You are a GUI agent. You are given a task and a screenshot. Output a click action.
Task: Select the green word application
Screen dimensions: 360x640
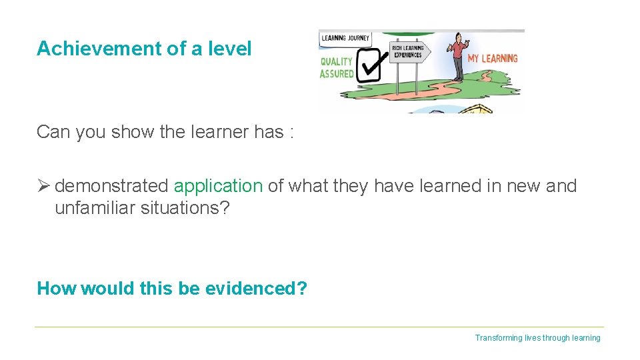(x=218, y=186)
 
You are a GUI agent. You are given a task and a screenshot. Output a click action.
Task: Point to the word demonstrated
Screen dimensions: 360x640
(x=112, y=186)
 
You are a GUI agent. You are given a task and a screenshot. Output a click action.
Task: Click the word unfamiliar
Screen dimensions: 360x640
(x=95, y=208)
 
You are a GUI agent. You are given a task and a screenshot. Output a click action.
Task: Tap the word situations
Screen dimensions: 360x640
(x=185, y=208)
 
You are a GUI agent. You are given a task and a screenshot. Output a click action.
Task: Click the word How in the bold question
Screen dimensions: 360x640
(x=56, y=289)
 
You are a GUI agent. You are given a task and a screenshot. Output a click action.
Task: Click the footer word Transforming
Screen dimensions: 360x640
(x=498, y=338)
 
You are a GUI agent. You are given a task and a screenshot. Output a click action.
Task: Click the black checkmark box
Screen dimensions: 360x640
(x=369, y=66)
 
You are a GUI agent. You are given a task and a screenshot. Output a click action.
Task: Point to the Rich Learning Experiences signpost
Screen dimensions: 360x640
(x=408, y=52)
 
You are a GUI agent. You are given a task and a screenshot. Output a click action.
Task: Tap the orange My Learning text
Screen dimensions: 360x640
(x=493, y=59)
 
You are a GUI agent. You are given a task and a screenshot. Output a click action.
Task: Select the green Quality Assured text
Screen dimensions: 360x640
(x=337, y=68)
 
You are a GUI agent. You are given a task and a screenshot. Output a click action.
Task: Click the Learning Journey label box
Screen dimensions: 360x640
(x=345, y=38)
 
